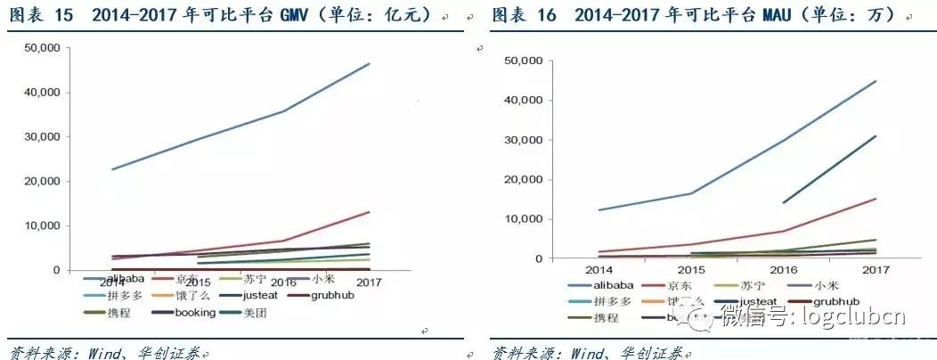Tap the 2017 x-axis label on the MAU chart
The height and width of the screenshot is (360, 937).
876,268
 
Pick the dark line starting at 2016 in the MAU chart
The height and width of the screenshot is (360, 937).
828,170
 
